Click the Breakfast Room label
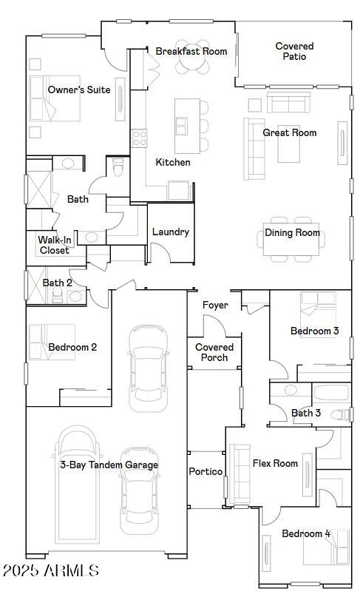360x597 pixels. tap(191, 51)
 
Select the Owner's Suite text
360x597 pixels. tap(79, 90)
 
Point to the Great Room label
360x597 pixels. tap(290, 132)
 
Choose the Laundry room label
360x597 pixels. tap(171, 232)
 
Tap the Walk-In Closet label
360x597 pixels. tap(55, 245)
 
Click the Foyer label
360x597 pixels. tap(215, 305)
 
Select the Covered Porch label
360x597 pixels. tap(214, 352)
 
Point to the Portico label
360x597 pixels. tap(206, 471)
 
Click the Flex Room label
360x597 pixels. tap(275, 463)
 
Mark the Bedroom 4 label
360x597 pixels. tap(306, 533)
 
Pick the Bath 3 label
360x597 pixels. tap(306, 413)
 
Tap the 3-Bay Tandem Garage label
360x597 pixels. tap(109, 465)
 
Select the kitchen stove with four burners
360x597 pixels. tap(139, 137)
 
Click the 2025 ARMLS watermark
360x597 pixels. tap(50, 570)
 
